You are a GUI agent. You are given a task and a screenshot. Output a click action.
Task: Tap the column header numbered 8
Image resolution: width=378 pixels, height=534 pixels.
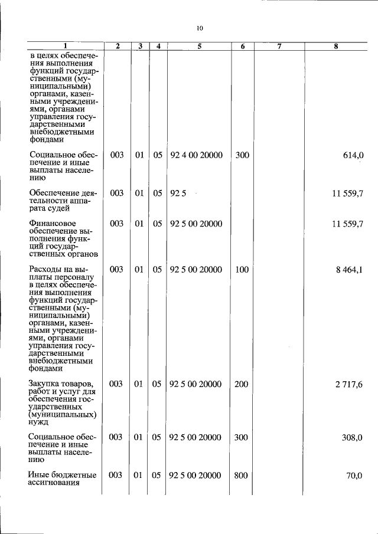[x=335, y=46]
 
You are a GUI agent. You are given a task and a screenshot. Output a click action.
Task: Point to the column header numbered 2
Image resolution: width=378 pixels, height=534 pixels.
[x=118, y=46]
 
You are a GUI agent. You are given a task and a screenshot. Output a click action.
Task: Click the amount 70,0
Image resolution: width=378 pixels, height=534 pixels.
[x=354, y=476]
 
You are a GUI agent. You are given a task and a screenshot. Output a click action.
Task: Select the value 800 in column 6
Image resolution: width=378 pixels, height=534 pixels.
[x=240, y=476]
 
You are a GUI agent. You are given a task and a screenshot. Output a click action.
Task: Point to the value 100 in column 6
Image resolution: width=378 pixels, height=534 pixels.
[x=240, y=270]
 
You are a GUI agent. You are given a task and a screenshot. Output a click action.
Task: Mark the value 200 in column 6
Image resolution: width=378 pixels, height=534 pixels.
[x=240, y=385]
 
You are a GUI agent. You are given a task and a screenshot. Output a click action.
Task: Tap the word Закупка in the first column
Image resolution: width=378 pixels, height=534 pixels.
[x=44, y=384]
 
